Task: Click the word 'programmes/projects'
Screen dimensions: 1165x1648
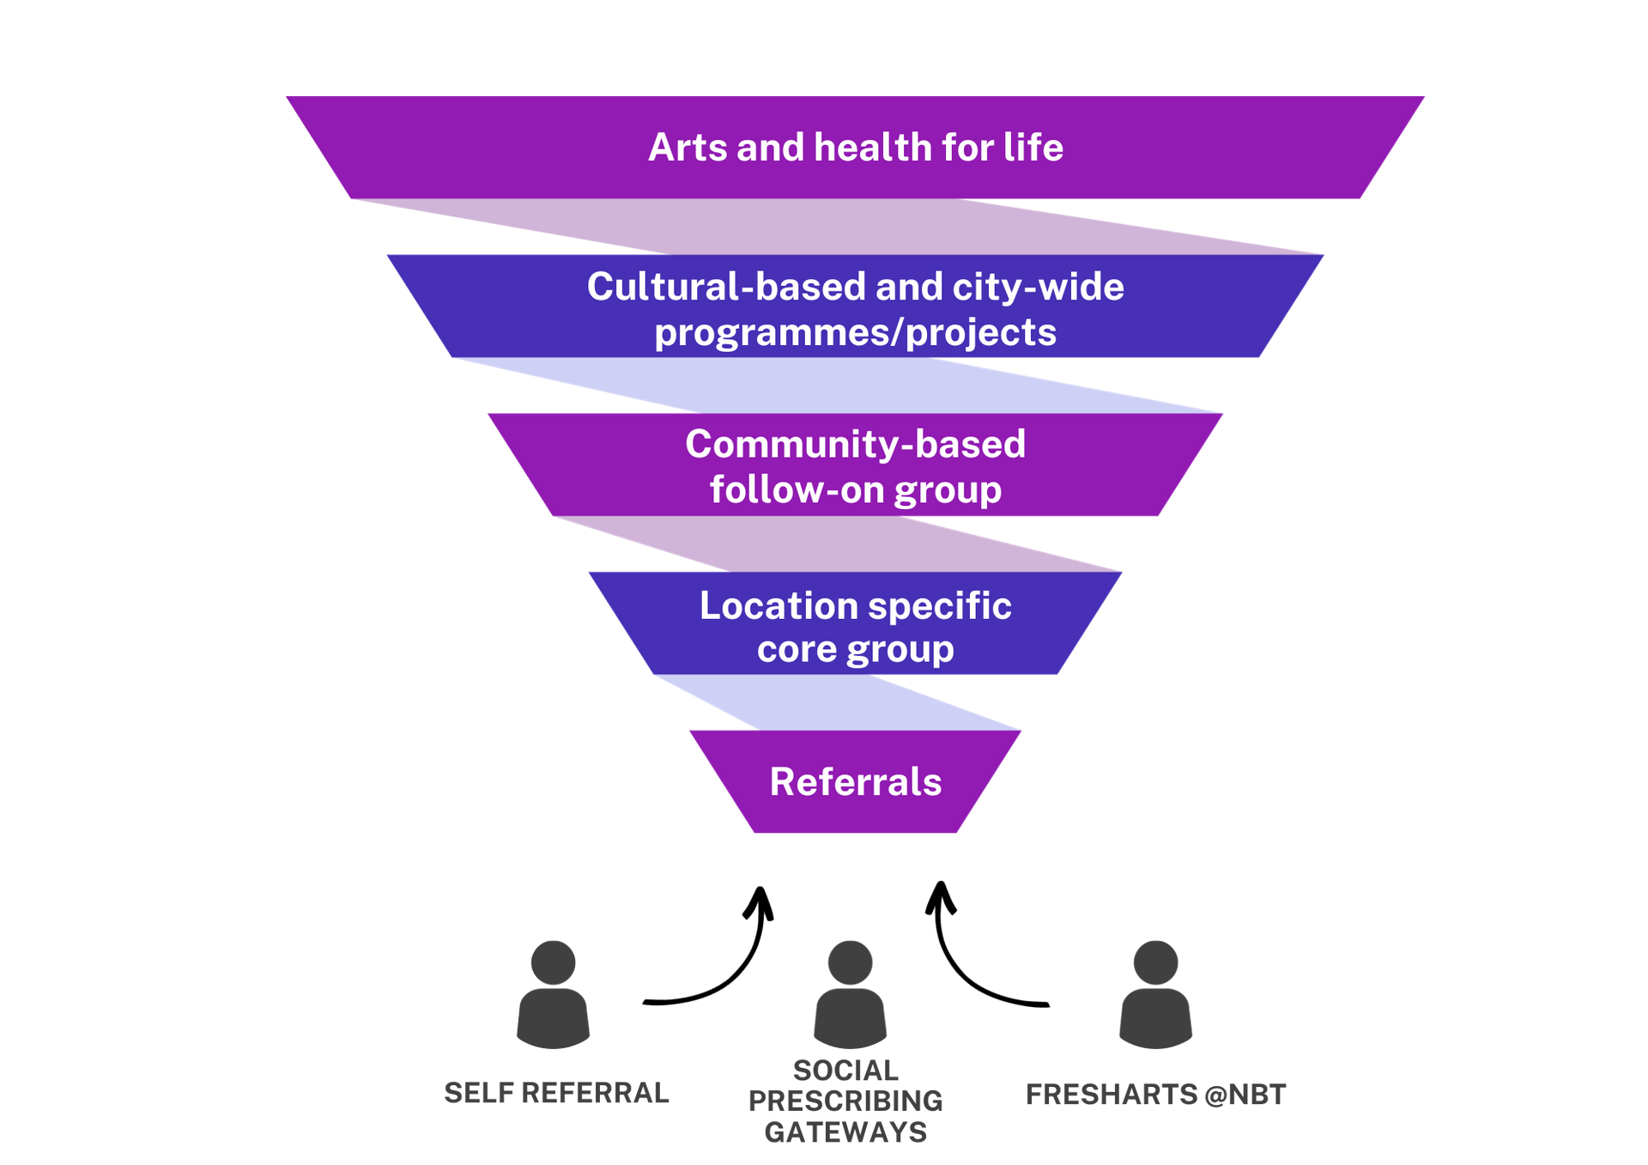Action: click(x=855, y=333)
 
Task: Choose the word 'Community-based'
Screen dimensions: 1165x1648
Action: click(x=855, y=445)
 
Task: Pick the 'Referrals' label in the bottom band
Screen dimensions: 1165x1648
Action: click(x=855, y=782)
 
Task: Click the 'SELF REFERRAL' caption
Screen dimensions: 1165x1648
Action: click(x=556, y=1093)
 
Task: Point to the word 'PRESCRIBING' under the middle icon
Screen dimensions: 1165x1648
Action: click(x=845, y=1101)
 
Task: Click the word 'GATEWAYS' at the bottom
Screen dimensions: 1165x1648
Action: click(x=845, y=1132)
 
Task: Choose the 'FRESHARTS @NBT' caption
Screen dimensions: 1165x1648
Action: click(x=1156, y=1095)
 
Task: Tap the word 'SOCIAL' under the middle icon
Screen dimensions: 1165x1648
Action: click(x=845, y=1070)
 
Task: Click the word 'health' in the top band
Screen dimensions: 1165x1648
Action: click(x=872, y=148)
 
